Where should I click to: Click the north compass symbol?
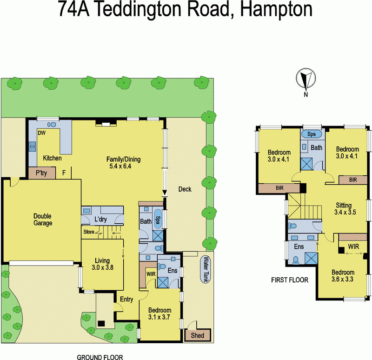306,79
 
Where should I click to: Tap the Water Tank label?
205,270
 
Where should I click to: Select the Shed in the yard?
198,334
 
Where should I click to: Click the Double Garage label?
42,220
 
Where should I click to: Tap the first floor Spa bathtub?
311,134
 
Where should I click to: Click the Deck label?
185,189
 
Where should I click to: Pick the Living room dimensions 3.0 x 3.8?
102,267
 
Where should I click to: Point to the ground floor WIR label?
151,274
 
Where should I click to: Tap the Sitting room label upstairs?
344,205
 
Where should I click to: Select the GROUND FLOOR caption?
100,357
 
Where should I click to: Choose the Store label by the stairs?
89,231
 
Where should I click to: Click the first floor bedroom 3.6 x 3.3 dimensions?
343,280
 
